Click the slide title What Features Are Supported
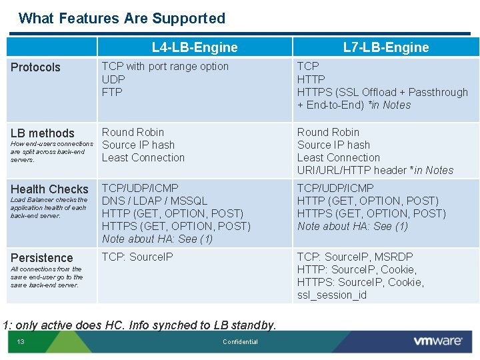coord(122,19)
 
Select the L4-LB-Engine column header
coord(194,47)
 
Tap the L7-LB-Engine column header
coord(385,47)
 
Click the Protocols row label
coord(35,67)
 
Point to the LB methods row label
coord(43,133)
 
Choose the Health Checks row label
coord(49,189)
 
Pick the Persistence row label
coord(41,258)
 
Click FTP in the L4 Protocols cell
coord(112,92)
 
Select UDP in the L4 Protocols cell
coord(113,79)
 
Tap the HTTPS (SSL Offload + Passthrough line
coord(382,92)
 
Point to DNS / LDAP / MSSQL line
coord(155,201)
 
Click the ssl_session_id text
coord(331,295)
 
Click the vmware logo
coord(437,341)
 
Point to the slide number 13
coord(21,342)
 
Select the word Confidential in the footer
coord(240,342)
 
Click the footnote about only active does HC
coord(139,325)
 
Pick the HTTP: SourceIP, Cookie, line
coord(357,270)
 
